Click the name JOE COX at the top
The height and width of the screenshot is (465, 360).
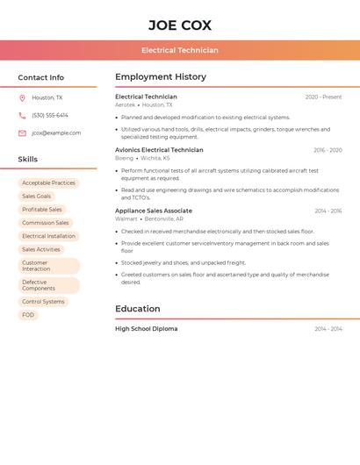coord(179,25)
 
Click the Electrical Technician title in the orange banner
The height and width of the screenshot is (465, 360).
coord(179,50)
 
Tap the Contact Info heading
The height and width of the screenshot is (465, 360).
coord(40,77)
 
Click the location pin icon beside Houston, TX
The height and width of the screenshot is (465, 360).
coord(22,98)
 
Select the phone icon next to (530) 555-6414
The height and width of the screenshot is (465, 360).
coord(22,116)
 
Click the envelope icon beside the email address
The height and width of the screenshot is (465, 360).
coord(22,133)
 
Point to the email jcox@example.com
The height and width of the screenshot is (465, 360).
coord(56,133)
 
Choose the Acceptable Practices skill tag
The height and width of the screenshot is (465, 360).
coord(48,183)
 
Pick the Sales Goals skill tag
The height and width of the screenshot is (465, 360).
coord(37,197)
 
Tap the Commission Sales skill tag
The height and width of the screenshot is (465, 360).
coord(45,223)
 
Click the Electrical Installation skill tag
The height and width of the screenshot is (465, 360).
coord(48,236)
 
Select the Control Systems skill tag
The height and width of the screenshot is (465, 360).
coord(43,302)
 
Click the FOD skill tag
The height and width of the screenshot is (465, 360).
coord(28,315)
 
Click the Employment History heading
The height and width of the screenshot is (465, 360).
coord(161,77)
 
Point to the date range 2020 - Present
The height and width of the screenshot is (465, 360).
coord(323,97)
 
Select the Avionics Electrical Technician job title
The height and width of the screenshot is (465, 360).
coord(159,150)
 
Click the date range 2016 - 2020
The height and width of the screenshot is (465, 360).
coord(328,150)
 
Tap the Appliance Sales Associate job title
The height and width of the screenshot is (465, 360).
coord(154,211)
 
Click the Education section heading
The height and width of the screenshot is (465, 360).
coord(138,309)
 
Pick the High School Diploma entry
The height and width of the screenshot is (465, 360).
coord(146,329)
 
